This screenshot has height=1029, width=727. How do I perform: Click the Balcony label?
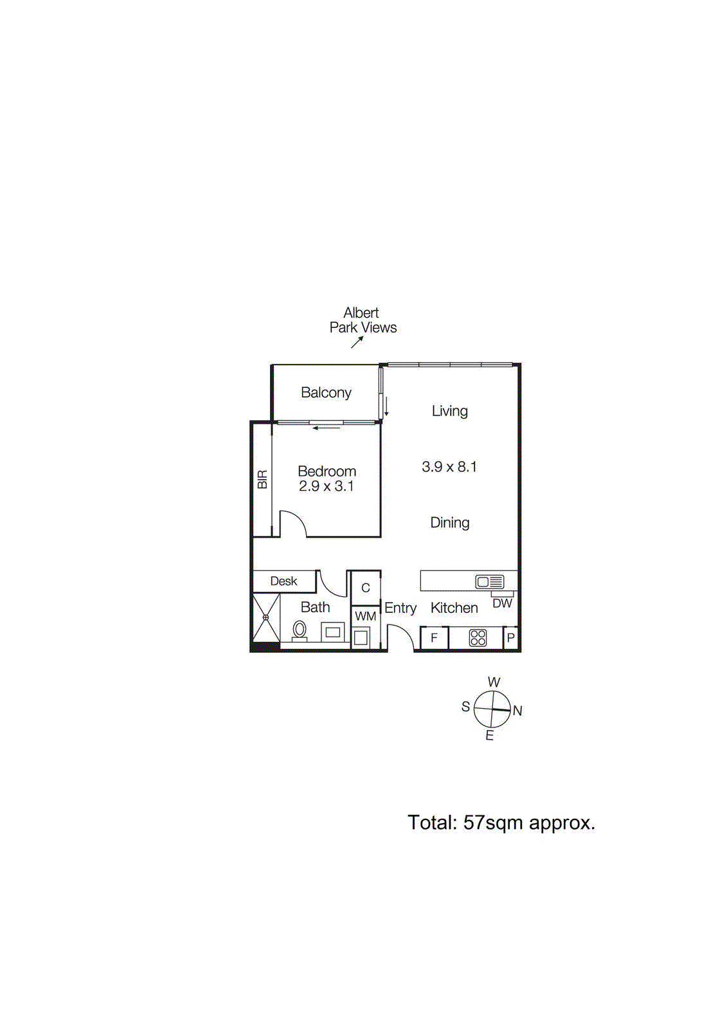tap(326, 392)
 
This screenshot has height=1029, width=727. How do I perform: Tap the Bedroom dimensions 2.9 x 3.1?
tap(326, 486)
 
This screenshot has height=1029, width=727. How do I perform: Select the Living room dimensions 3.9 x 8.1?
tap(449, 467)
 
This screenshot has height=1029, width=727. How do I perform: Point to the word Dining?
tap(449, 523)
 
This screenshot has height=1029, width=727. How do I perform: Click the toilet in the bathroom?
tap(299, 630)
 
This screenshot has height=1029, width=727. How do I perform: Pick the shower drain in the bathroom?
tap(265, 617)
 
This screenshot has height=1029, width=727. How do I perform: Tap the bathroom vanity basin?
tap(332, 632)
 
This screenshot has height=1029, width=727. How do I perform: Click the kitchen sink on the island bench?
tap(490, 582)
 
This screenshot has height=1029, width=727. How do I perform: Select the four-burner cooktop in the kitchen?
tap(478, 637)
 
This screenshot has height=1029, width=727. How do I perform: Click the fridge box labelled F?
tap(434, 638)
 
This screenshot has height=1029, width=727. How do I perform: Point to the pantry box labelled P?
tap(511, 638)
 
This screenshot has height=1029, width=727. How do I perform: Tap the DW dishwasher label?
tap(502, 603)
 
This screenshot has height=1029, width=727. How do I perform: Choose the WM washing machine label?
tap(365, 616)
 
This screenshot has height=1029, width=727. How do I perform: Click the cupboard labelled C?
tap(365, 588)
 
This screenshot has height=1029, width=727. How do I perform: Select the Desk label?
tap(283, 581)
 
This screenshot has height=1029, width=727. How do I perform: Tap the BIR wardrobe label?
tap(262, 480)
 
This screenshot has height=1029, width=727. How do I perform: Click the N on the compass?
tap(517, 711)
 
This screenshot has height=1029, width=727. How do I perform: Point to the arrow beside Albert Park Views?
tap(357, 342)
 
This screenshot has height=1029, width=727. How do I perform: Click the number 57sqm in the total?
tap(493, 823)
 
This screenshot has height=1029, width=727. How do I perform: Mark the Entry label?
tap(400, 608)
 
